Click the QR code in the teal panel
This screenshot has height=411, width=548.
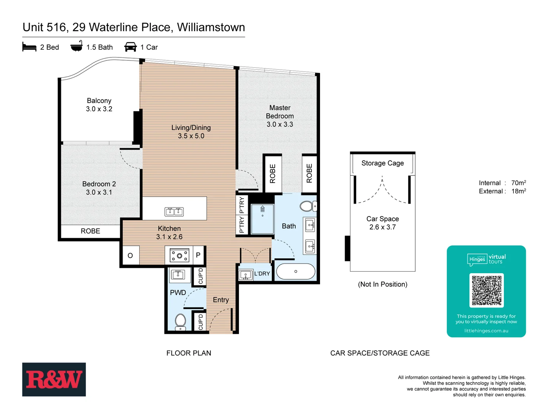[486, 290]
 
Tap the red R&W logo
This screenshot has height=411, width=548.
[54, 379]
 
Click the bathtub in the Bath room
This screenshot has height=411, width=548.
[296, 272]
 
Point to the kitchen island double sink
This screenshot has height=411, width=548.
[174, 212]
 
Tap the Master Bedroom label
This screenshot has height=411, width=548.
[280, 112]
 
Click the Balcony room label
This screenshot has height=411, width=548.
[99, 100]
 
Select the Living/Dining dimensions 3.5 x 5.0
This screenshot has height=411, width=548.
[191, 136]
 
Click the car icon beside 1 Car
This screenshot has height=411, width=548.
[131, 47]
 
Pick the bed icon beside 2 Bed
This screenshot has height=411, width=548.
[29, 47]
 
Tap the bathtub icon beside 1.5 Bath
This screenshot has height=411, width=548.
[76, 46]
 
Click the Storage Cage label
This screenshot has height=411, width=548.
[382, 163]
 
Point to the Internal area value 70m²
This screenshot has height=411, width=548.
[518, 183]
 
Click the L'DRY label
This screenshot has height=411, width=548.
[262, 274]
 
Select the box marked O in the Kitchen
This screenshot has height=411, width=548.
[130, 255]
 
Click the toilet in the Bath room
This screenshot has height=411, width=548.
[307, 206]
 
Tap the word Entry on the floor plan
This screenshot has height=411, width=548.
[221, 300]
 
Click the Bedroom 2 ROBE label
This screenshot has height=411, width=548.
[91, 231]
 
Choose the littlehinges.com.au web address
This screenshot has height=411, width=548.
[486, 331]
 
